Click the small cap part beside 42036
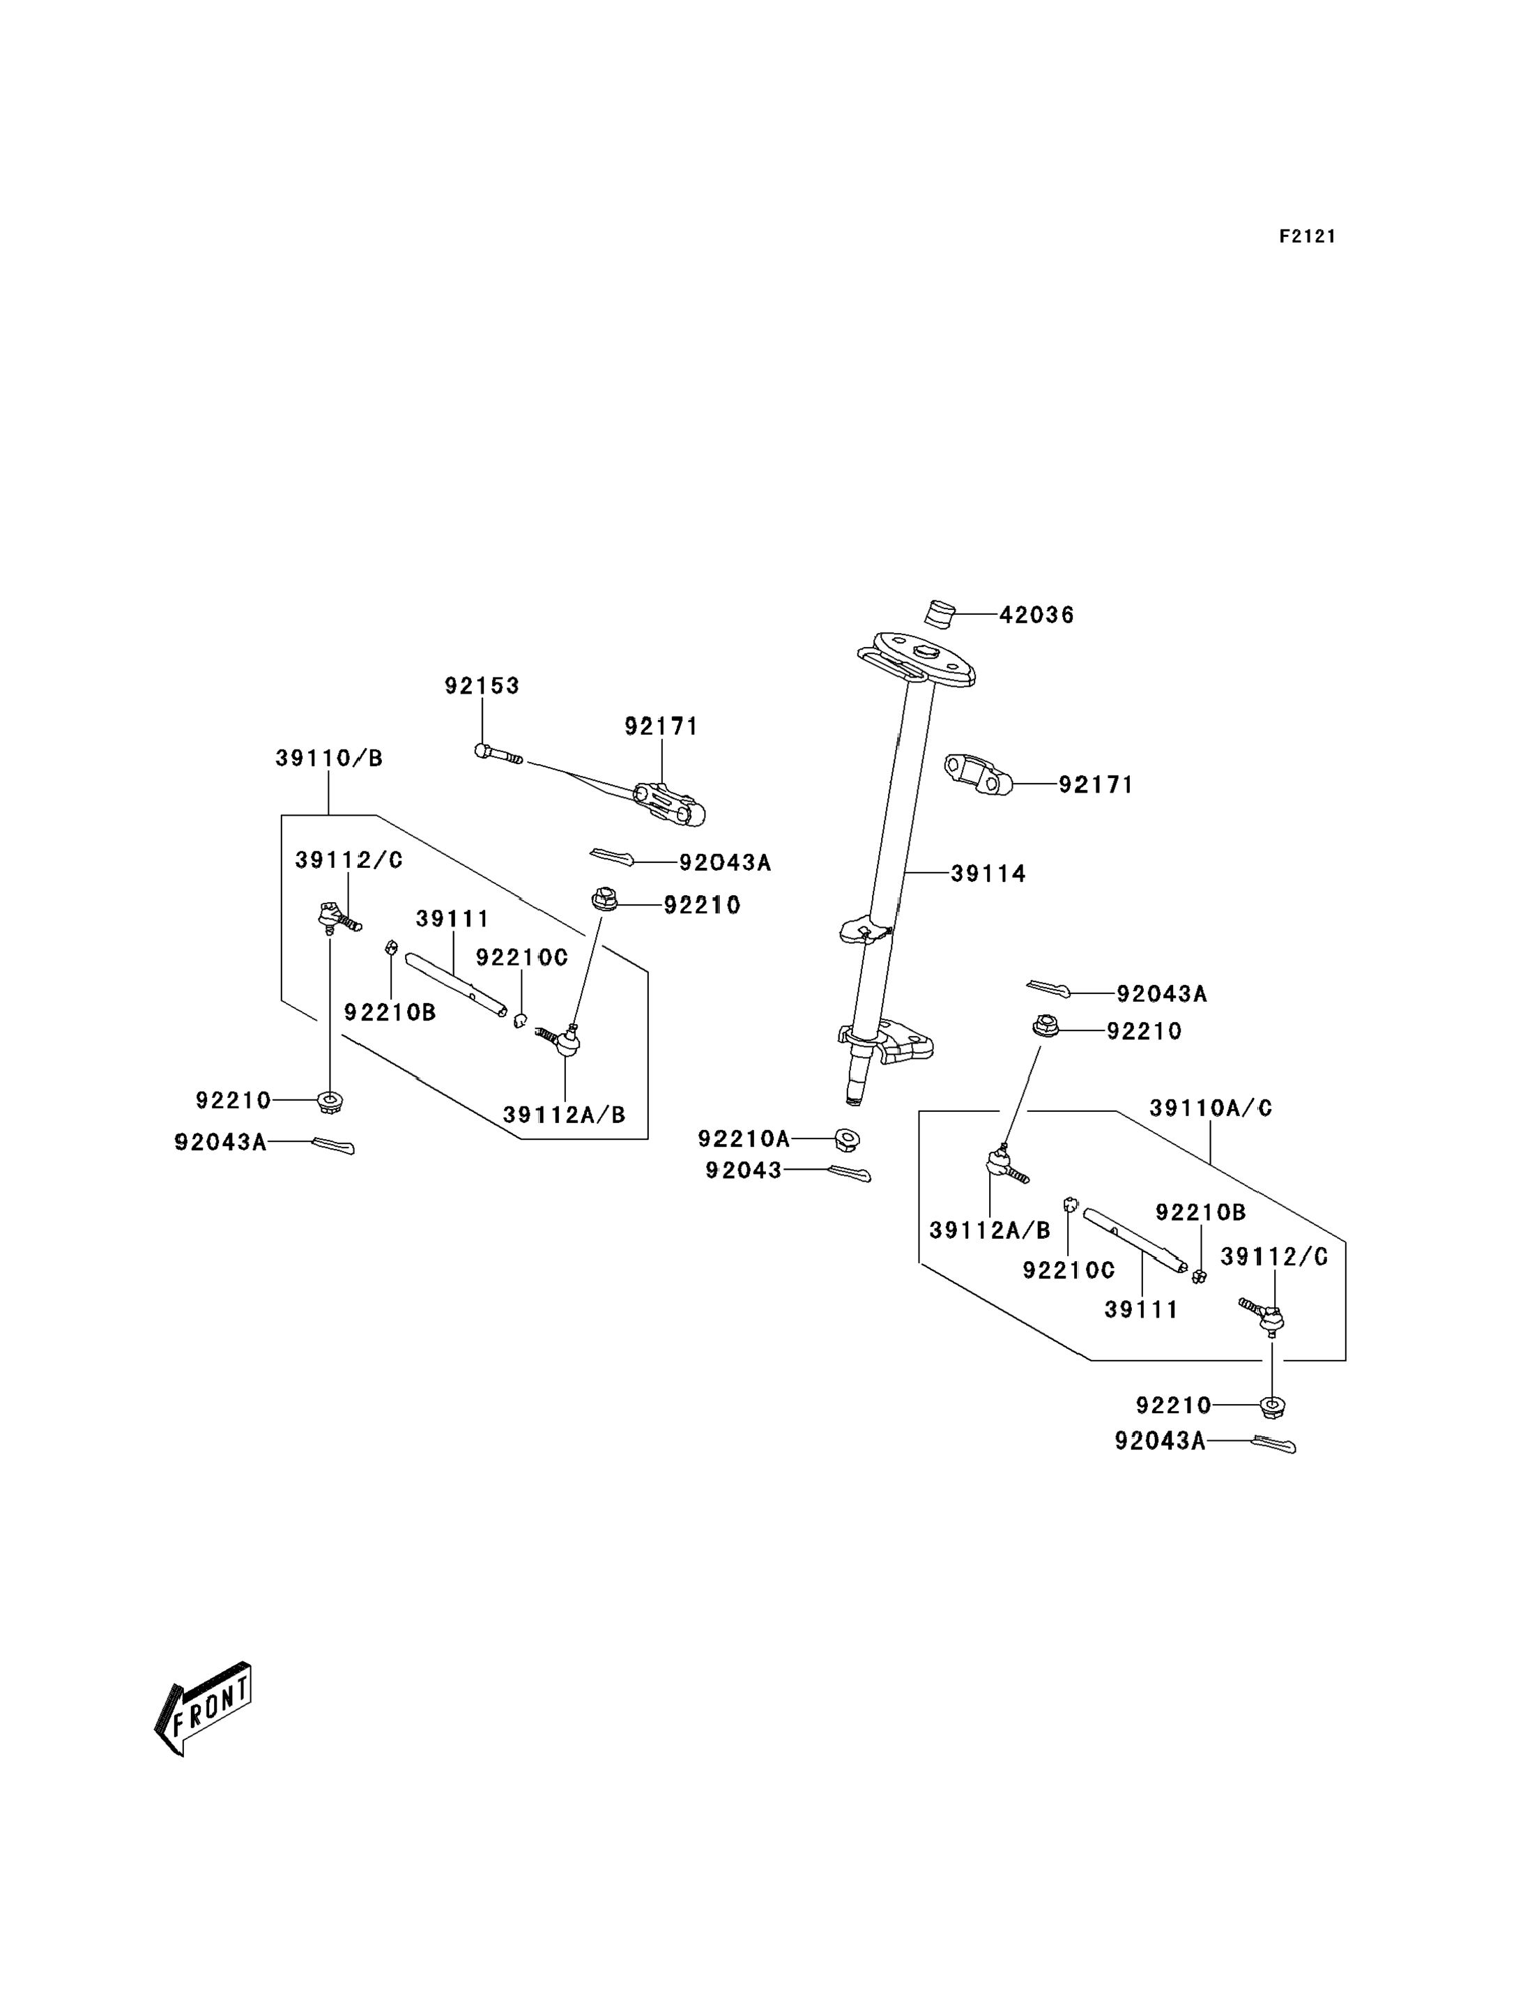tap(939, 613)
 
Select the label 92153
tap(482, 685)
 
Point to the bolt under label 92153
tap(498, 754)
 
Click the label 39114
tap(988, 874)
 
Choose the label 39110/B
tap(329, 758)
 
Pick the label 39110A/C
tap(1211, 1108)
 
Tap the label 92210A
tap(744, 1139)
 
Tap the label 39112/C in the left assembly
tap(349, 860)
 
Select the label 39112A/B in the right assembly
tap(990, 1230)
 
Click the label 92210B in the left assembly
tap(390, 1012)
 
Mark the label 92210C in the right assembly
tap(1069, 1270)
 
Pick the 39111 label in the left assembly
tap(452, 919)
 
